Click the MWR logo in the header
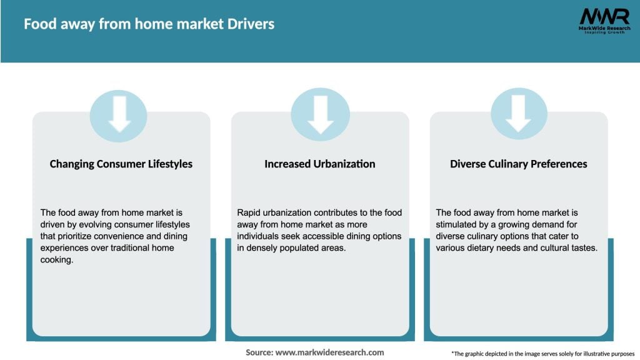pyautogui.click(x=604, y=21)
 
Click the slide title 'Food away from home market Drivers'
pyautogui.click(x=149, y=24)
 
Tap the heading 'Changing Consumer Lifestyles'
pyautogui.click(x=121, y=164)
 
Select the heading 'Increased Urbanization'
pyautogui.click(x=320, y=164)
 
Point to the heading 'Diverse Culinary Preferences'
pyautogui.click(x=519, y=164)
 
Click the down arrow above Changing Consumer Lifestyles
pyautogui.click(x=119, y=114)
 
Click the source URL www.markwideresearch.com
pyautogui.click(x=329, y=352)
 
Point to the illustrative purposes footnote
pyautogui.click(x=542, y=353)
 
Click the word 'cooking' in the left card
pyautogui.click(x=56, y=260)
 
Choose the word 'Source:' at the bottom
pyautogui.click(x=259, y=352)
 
